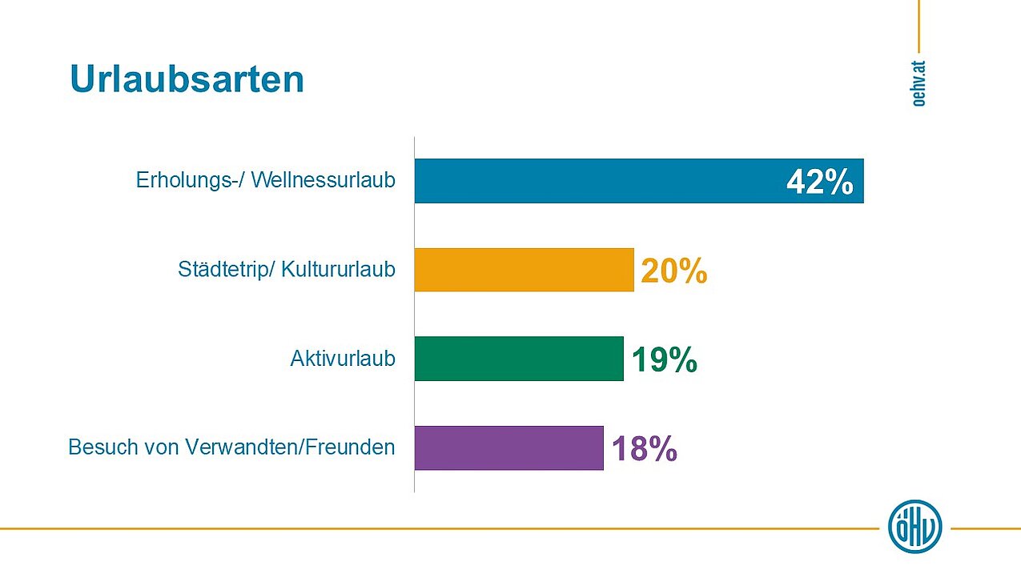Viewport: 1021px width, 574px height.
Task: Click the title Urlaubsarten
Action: click(x=187, y=79)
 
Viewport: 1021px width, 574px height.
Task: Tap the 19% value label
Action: click(x=664, y=361)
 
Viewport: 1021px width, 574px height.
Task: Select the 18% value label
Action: click(x=644, y=450)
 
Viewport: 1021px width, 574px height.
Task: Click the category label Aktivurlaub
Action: click(x=343, y=359)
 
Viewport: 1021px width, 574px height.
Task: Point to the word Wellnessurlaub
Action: click(x=324, y=181)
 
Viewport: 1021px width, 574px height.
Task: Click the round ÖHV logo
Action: click(x=914, y=527)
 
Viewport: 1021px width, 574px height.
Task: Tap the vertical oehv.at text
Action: click(x=918, y=82)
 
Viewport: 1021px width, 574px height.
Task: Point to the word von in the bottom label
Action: click(x=153, y=447)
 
